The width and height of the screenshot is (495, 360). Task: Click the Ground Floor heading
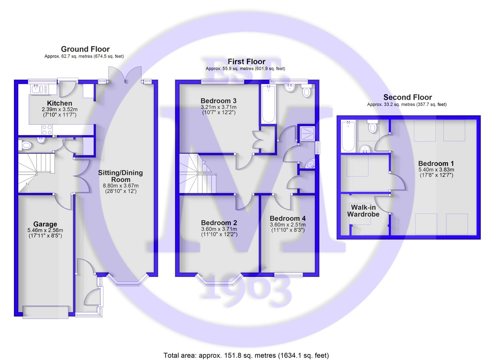click(85, 49)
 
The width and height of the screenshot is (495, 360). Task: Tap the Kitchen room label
click(59, 103)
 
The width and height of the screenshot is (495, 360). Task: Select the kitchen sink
click(40, 89)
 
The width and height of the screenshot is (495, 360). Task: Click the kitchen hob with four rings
click(47, 130)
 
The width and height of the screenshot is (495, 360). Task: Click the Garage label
click(45, 224)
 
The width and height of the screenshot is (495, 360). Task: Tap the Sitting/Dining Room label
click(120, 176)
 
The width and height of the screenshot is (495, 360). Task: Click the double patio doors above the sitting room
click(125, 75)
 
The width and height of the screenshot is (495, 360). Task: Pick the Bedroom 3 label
click(218, 101)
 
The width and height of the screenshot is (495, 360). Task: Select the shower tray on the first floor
click(306, 134)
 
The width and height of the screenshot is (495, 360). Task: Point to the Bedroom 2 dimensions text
click(219, 232)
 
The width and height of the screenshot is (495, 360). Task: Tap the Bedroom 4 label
click(287, 218)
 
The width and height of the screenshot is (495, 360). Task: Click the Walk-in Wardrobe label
click(363, 211)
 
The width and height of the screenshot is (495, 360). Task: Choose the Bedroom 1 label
click(436, 164)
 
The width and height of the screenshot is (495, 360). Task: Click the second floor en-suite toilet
click(373, 126)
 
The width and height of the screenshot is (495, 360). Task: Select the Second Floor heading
click(407, 97)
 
